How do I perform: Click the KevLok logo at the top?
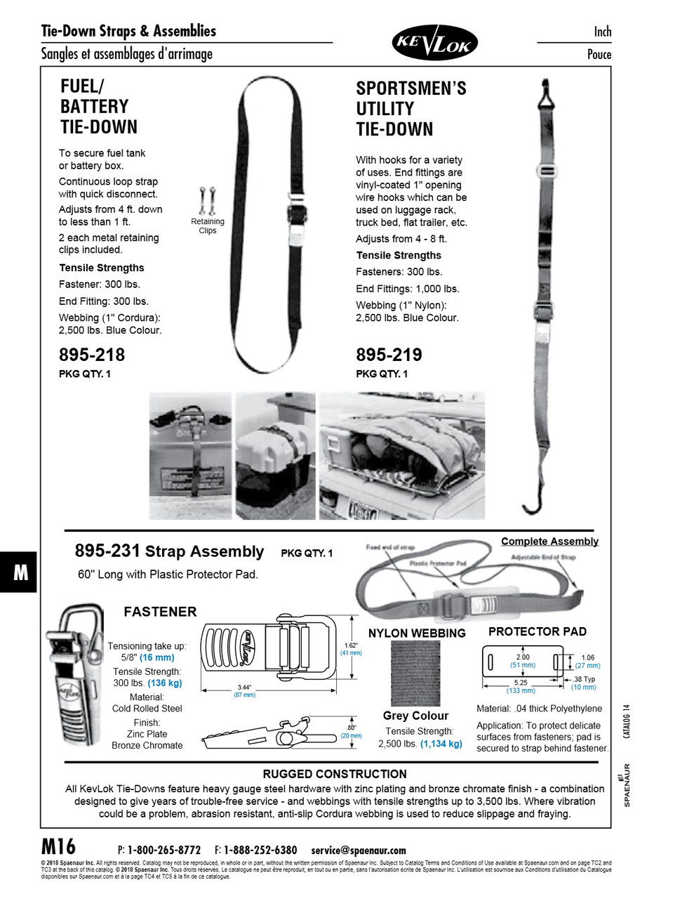point(434,43)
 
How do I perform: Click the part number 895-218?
point(92,355)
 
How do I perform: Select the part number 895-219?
point(389,355)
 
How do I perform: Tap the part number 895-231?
point(107,551)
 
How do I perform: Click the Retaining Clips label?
point(208,225)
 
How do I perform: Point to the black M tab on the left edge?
point(20,573)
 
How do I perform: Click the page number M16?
point(59,846)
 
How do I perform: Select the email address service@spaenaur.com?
point(359,851)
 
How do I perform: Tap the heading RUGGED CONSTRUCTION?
point(335,774)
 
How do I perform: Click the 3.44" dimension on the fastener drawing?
point(244,688)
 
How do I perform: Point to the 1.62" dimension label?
point(351,645)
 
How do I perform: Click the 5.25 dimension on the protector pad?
point(521,683)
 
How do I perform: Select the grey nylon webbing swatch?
point(415,674)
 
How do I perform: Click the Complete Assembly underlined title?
point(549,542)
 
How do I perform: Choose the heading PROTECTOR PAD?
point(537,631)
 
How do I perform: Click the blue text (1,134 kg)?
point(441,744)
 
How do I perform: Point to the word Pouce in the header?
point(599,55)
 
